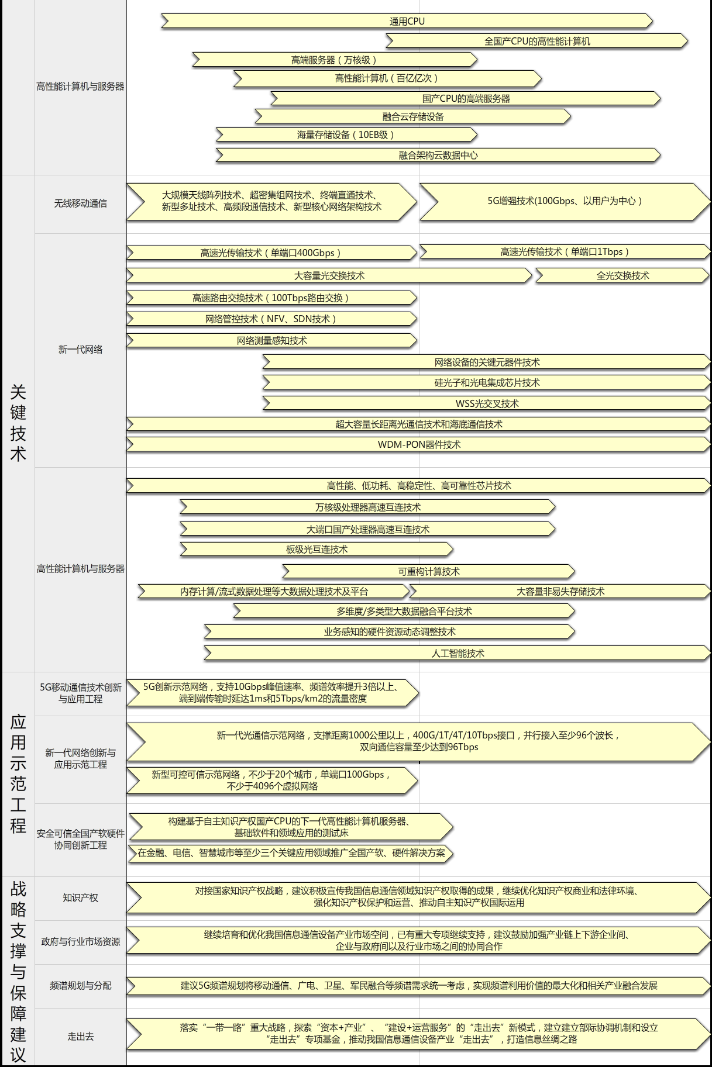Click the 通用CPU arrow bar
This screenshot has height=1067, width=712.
407,21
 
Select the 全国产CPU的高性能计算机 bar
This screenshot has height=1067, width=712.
537,41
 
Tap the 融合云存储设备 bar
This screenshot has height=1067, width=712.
413,116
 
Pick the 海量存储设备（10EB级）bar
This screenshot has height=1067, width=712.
346,135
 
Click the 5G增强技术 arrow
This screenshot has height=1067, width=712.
565,201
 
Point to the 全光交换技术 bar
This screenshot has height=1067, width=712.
622,275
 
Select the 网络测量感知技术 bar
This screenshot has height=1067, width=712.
271,340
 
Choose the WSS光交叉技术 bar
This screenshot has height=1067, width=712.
487,403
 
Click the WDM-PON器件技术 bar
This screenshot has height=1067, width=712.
419,444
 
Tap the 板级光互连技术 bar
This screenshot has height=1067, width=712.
317,550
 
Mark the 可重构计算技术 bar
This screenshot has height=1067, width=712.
429,571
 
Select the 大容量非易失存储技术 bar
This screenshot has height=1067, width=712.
560,592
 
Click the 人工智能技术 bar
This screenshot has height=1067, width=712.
458,653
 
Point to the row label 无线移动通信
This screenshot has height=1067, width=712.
81,203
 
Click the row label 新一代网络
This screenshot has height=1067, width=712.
81,350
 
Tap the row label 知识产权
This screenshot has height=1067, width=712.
81,898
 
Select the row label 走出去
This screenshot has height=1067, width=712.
81,1037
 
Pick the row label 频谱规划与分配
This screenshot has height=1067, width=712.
81,986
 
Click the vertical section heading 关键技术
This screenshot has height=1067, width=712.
18,423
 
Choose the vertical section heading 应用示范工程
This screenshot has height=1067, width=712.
18,774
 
